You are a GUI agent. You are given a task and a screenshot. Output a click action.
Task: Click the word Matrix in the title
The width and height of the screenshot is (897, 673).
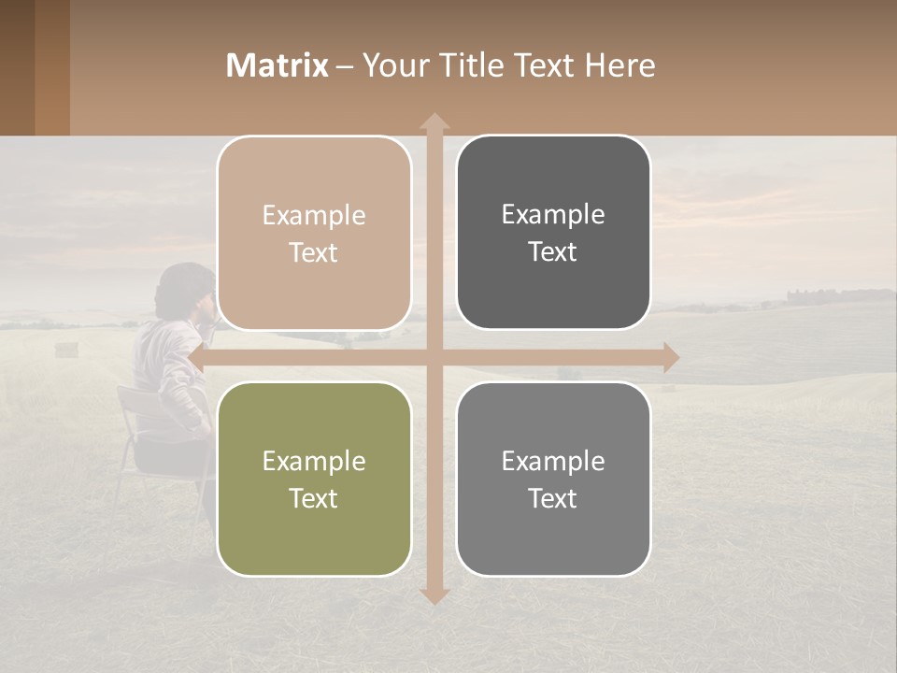click(x=278, y=65)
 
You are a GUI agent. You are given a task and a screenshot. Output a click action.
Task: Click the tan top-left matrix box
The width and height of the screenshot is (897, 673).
click(x=314, y=233)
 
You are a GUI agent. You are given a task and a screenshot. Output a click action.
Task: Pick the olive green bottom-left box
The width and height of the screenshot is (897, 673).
click(x=314, y=479)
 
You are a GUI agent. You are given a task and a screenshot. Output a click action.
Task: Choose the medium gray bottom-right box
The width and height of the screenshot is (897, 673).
click(x=553, y=479)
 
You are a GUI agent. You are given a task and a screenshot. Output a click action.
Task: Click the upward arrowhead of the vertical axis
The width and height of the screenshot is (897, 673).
click(x=434, y=121)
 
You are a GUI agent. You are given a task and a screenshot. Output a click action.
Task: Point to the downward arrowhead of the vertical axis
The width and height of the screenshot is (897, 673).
click(x=434, y=595)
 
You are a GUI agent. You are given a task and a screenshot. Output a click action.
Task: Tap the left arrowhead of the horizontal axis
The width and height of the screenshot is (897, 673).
click(x=196, y=357)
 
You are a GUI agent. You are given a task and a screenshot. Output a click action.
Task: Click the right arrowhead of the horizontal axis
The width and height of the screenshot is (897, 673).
click(x=670, y=357)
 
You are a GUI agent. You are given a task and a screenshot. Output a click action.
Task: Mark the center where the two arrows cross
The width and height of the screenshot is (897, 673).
click(x=434, y=357)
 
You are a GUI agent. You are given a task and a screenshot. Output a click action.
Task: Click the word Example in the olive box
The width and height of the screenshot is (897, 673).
click(x=314, y=461)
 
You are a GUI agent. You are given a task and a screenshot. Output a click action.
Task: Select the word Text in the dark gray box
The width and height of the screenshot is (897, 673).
click(x=553, y=251)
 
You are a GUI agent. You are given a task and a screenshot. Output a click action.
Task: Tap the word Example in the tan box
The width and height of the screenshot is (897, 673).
click(x=314, y=215)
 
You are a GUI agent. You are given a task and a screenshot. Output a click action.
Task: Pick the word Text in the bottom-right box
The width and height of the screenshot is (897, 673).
click(x=553, y=498)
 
